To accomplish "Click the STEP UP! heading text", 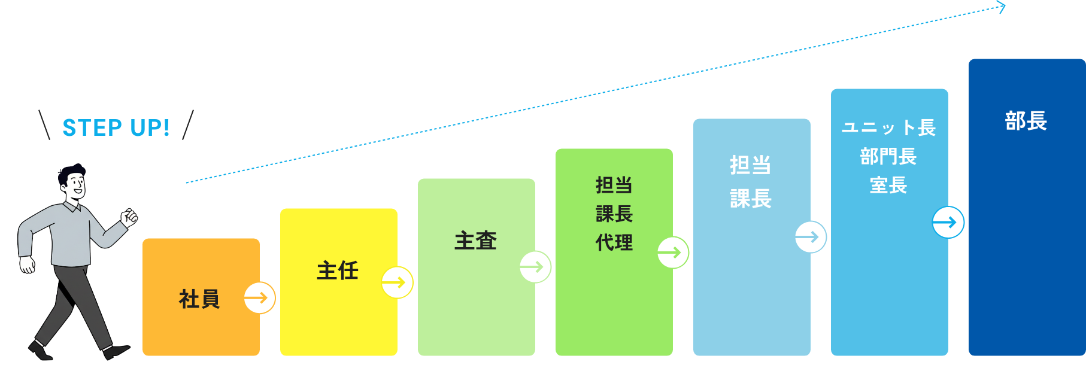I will (116, 127).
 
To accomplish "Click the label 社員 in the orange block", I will (199, 299).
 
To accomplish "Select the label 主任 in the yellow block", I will (338, 270).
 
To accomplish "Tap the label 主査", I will (475, 241).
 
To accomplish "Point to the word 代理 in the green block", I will (614, 242).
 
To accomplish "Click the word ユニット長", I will (888, 127).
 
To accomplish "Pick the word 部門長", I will (888, 156).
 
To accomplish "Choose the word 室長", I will (888, 185).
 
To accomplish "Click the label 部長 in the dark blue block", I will (1026, 121).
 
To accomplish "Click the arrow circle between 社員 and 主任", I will (260, 297).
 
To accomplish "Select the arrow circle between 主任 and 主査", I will (398, 282).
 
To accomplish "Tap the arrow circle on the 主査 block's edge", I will (535, 267).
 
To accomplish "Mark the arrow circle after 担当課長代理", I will (673, 253).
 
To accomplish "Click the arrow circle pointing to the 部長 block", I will (948, 223).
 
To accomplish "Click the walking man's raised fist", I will (129, 217).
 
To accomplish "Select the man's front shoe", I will (117, 351).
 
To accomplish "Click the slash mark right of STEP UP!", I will (187, 124).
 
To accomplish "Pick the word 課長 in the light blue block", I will (751, 198).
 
